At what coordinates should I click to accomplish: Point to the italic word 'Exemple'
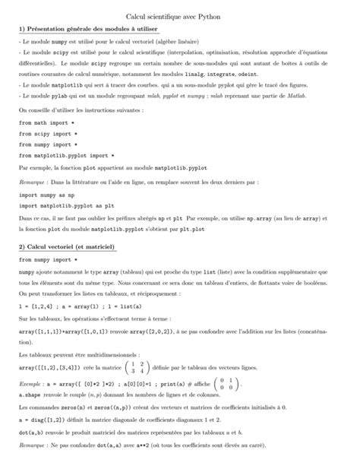pos(30,382)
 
